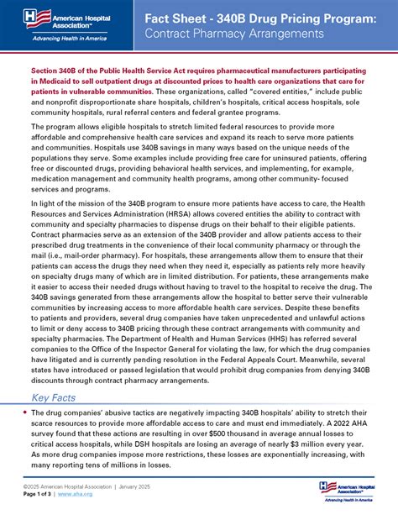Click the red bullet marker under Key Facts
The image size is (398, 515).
pos(23,413)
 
